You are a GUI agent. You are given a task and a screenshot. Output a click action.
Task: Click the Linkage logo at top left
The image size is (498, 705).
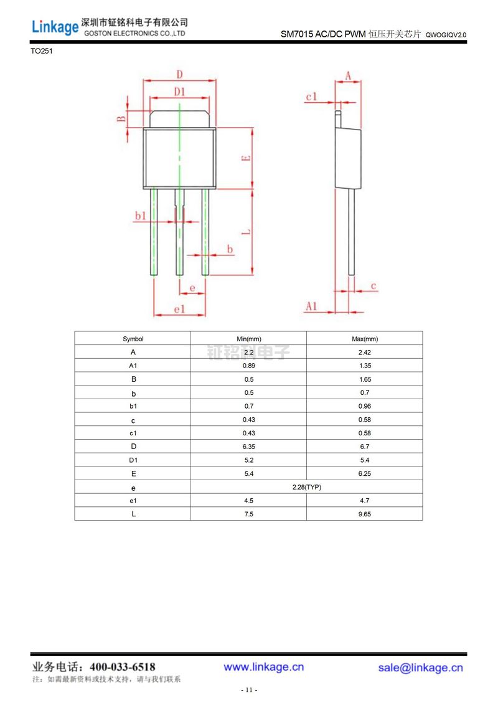(55, 26)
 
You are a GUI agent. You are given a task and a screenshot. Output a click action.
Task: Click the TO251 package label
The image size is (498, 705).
(42, 52)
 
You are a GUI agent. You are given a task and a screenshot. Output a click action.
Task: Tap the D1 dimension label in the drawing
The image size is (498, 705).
(179, 92)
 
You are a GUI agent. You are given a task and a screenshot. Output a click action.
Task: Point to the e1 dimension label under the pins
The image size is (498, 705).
(179, 309)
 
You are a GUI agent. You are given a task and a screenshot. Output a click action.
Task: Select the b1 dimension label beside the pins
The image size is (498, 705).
(141, 215)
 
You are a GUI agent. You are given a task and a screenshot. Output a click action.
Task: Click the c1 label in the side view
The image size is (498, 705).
(311, 97)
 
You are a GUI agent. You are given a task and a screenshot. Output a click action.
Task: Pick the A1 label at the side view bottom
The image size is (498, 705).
(312, 306)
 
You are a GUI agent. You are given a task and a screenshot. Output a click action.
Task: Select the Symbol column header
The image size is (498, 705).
(133, 339)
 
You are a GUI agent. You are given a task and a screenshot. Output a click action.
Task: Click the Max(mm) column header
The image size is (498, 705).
(364, 339)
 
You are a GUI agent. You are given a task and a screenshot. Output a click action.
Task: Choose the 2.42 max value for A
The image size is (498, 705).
(364, 352)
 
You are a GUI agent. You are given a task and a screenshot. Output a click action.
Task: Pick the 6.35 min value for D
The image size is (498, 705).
(248, 447)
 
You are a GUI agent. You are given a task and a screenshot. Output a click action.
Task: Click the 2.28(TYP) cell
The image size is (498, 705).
(306, 487)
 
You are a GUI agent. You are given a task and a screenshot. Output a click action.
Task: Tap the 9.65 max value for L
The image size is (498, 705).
(364, 514)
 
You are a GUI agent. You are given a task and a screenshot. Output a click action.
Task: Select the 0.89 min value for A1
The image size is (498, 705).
(248, 366)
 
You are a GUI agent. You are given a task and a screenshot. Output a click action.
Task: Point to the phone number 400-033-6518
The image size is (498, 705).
(123, 667)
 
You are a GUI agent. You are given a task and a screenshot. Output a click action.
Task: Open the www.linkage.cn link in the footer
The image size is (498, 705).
(264, 667)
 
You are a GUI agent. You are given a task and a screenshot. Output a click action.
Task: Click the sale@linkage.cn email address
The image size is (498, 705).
(421, 668)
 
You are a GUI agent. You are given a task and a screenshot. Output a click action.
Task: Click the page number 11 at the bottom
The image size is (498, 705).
(249, 690)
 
